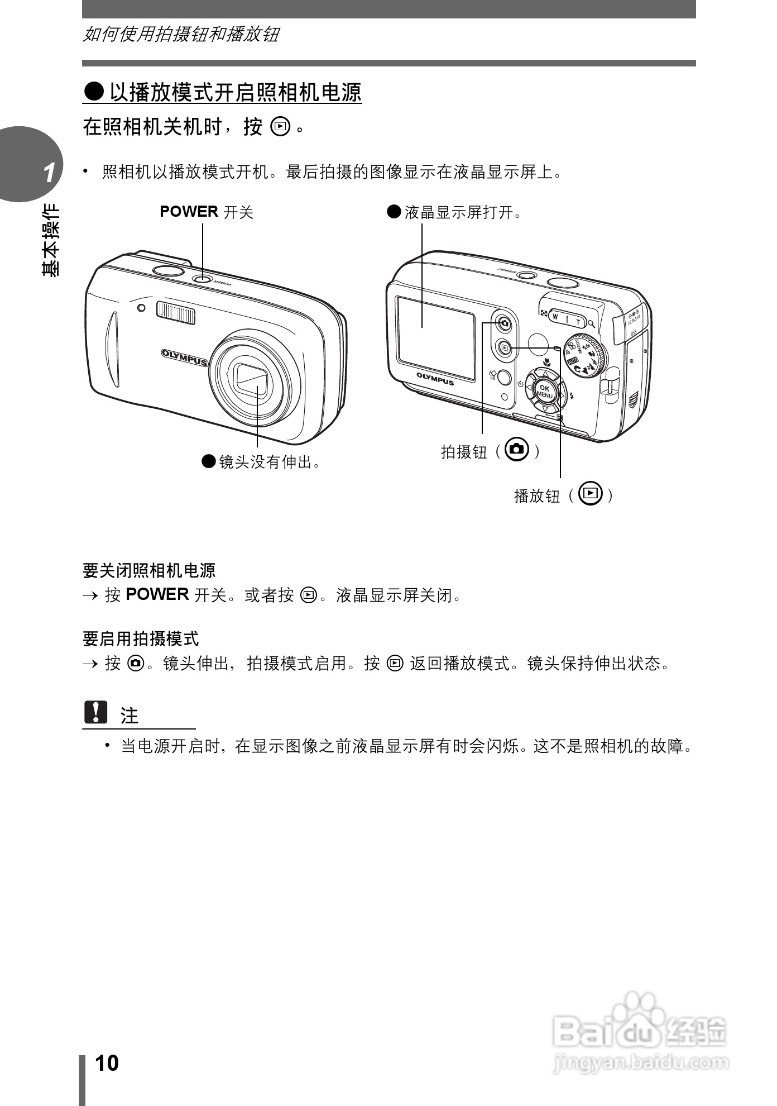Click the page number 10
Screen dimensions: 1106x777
[107, 1063]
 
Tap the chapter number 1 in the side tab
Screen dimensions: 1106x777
[49, 173]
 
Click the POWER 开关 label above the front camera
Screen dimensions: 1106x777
[206, 212]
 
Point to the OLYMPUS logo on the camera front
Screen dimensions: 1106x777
[184, 357]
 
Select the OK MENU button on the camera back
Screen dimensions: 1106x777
[544, 391]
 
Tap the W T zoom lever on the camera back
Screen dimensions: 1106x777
[566, 318]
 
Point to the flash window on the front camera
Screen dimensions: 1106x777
[176, 312]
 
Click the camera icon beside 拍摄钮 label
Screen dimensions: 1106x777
[516, 449]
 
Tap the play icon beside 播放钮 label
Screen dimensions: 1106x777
[591, 493]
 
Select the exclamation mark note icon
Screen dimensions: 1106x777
[95, 712]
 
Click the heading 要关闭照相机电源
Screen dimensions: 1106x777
[149, 570]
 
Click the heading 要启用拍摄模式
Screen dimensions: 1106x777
[141, 638]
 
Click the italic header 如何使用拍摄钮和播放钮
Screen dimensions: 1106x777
[181, 35]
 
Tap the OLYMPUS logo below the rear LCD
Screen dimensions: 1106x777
[435, 379]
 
